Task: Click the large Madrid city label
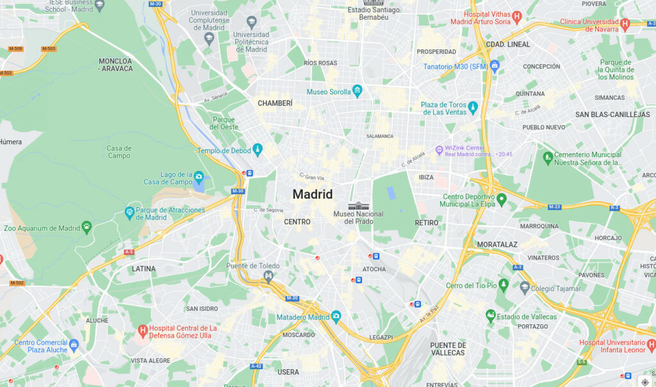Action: (313, 194)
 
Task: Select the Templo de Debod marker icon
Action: (258, 150)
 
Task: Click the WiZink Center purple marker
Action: (439, 150)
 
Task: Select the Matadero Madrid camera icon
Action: (336, 317)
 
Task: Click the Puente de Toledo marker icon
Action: (268, 276)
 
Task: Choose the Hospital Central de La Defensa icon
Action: (143, 331)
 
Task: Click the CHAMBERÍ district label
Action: (275, 103)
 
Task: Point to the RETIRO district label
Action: (427, 223)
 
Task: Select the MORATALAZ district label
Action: (496, 245)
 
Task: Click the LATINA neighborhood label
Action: (143, 269)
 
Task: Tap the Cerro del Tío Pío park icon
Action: (504, 284)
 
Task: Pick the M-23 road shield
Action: (555, 207)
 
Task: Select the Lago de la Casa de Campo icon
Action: (199, 177)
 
